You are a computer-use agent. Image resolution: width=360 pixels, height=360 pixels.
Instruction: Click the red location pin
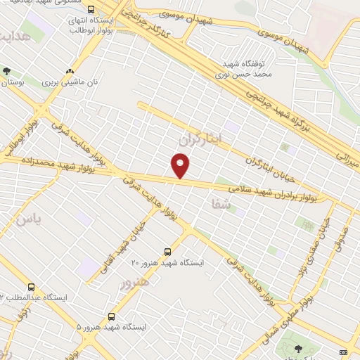pyautogui.click(x=181, y=165)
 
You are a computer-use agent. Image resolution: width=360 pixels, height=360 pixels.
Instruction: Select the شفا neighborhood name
pyautogui.click(x=219, y=203)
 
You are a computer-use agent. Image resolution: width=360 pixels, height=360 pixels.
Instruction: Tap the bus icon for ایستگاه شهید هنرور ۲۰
pyautogui.click(x=167, y=251)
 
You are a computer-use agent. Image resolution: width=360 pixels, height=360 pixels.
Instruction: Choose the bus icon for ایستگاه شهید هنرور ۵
pyautogui.click(x=111, y=317)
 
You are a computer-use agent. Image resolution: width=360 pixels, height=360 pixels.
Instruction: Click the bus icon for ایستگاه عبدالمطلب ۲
pyautogui.click(x=30, y=287)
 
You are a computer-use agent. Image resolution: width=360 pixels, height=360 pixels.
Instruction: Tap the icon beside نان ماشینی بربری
pyautogui.click(x=70, y=71)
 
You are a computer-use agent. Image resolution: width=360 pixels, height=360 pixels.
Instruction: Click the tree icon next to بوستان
pyautogui.click(x=7, y=71)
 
